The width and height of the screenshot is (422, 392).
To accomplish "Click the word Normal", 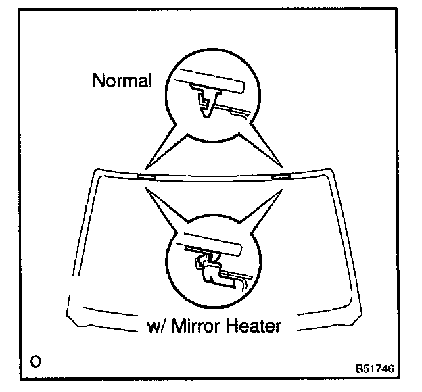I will pos(122,81).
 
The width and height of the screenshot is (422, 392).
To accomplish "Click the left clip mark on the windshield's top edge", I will pos(145,176).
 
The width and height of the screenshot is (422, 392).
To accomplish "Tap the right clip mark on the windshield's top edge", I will pos(281,176).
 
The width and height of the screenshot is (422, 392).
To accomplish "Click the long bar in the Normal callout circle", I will pos(212,82).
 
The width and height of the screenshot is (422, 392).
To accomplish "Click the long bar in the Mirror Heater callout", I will pos(214,243).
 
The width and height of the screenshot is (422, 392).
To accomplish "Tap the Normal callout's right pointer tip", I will pos(282,166).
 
